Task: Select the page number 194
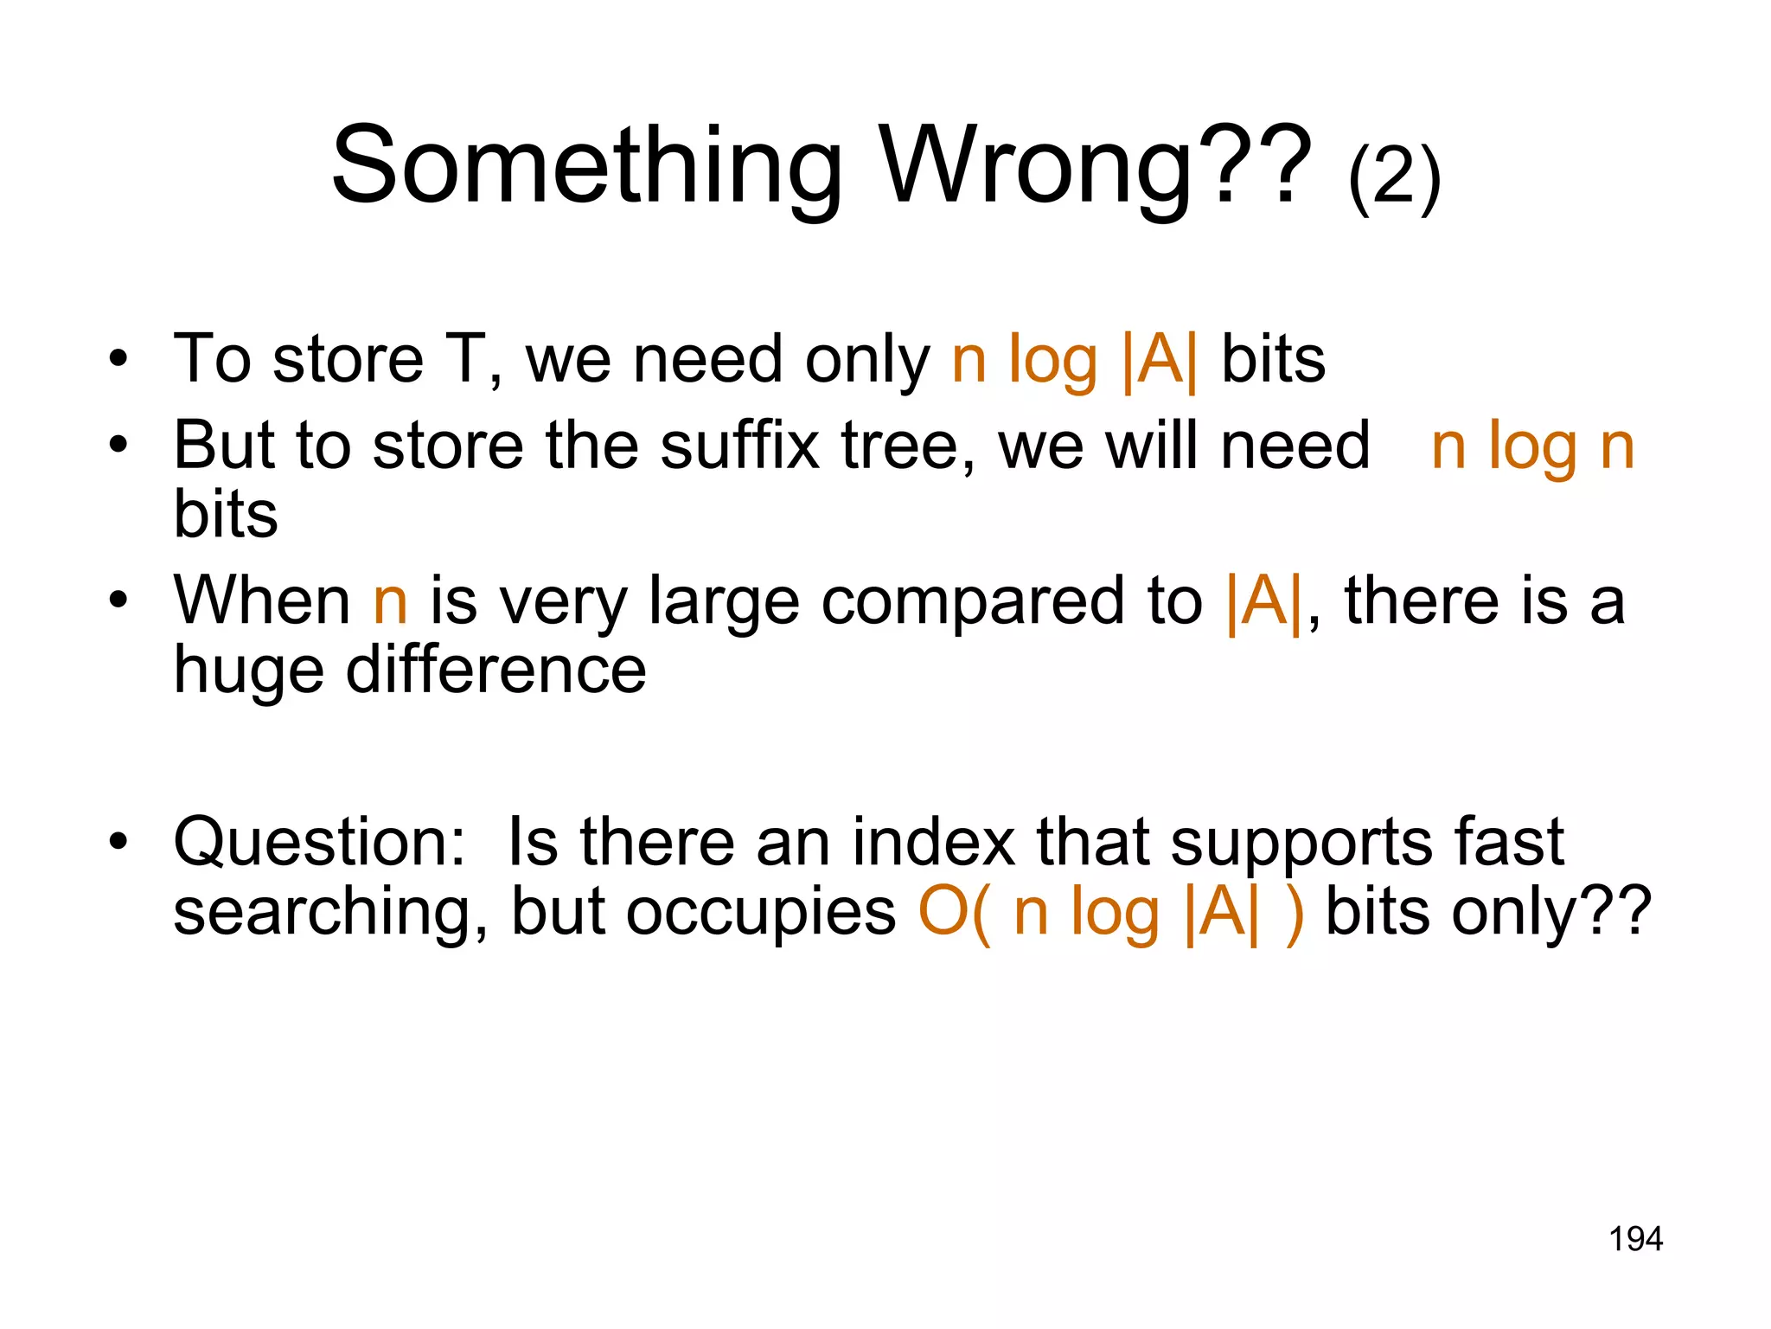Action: [x=1635, y=1239]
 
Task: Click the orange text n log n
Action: [x=1532, y=447]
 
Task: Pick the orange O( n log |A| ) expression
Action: [x=1110, y=913]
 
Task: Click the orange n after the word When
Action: [x=390, y=602]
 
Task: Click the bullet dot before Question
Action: [x=118, y=840]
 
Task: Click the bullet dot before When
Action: [x=118, y=599]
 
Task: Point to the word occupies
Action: [x=761, y=913]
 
